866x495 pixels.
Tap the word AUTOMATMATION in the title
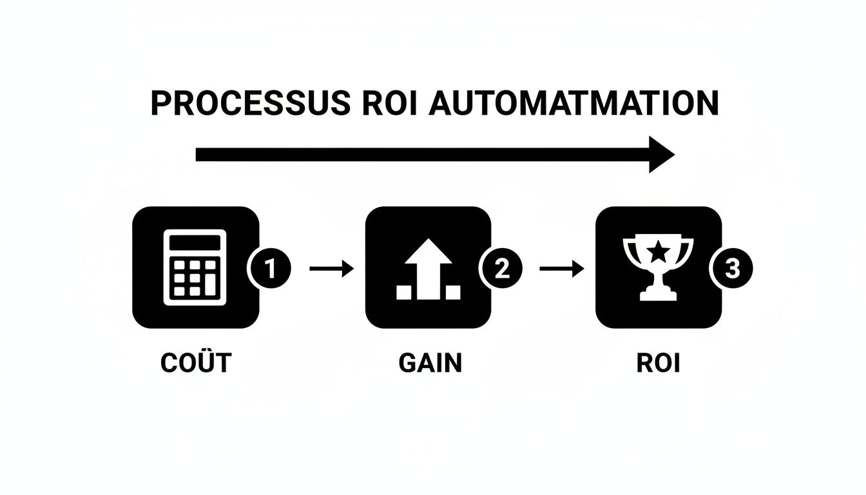pyautogui.click(x=573, y=104)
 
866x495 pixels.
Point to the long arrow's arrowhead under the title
pyautogui.click(x=660, y=155)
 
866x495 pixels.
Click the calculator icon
pyautogui.click(x=196, y=267)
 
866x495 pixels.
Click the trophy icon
pyautogui.click(x=658, y=267)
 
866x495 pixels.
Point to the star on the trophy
pyautogui.click(x=658, y=253)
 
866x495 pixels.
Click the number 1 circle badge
pyautogui.click(x=270, y=269)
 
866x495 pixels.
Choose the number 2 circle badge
pyautogui.click(x=501, y=269)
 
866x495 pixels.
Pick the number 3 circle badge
pyautogui.click(x=731, y=269)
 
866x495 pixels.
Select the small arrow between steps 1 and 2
pyautogui.click(x=331, y=269)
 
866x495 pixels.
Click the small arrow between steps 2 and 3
pyautogui.click(x=562, y=269)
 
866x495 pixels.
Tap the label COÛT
pyautogui.click(x=196, y=364)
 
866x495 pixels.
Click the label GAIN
pyautogui.click(x=430, y=364)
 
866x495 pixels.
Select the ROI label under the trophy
pyautogui.click(x=659, y=364)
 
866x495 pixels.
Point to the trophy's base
pyautogui.click(x=658, y=295)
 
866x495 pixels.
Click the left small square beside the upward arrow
pyautogui.click(x=404, y=293)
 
